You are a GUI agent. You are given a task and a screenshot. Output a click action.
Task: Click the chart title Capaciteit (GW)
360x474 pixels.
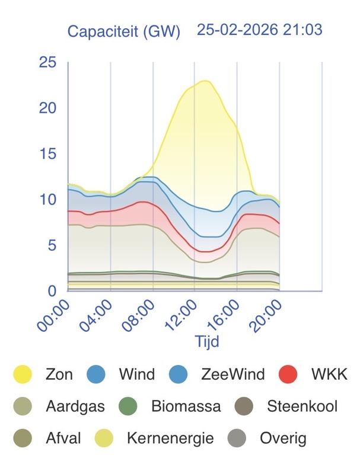point(123,31)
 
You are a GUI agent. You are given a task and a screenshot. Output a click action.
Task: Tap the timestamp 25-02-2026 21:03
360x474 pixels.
point(259,30)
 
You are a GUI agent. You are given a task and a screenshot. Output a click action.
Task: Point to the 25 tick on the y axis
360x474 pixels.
point(47,62)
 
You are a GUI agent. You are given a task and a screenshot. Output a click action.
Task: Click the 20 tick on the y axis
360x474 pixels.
point(47,108)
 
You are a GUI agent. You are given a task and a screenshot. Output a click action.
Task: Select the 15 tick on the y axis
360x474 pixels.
point(47,153)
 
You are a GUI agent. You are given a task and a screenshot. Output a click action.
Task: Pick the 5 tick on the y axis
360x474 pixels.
point(52,245)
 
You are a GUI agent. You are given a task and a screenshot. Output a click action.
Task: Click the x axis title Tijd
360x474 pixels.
point(207,342)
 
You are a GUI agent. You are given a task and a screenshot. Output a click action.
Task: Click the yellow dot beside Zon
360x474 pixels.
point(23,374)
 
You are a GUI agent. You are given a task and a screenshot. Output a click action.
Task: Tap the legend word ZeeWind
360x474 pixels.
point(232,374)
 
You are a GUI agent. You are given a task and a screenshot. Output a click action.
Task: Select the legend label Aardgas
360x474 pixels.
point(75,406)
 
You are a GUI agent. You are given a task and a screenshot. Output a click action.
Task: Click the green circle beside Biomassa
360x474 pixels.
point(128,406)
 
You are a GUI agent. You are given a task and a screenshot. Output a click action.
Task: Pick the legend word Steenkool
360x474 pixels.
point(302,406)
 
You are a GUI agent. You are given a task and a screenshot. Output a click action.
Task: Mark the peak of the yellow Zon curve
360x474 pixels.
point(205,81)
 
